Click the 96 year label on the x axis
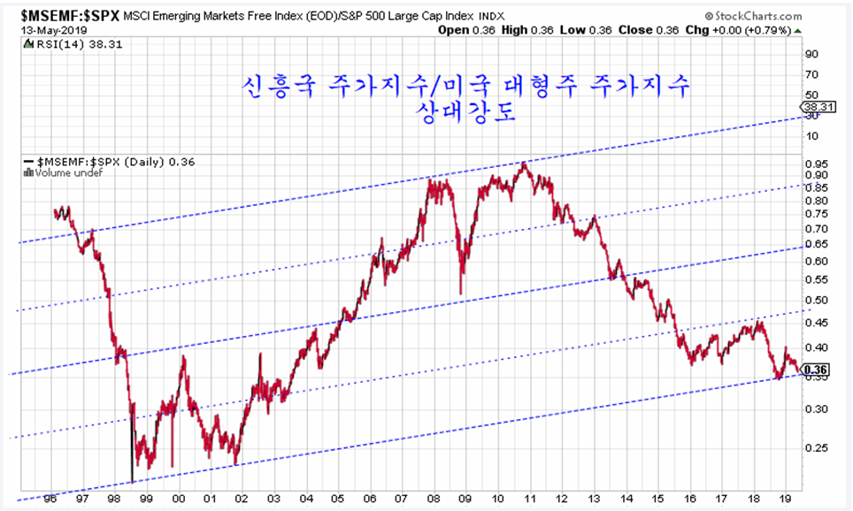pyautogui.click(x=50, y=499)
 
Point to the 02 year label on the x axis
pyautogui.click(x=241, y=499)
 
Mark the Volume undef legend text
pyautogui.click(x=65, y=172)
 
